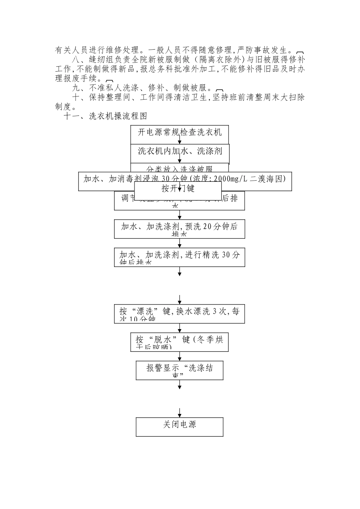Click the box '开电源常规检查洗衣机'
tap(179, 132)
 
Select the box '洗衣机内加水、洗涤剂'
tap(179, 151)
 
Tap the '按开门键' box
tap(178, 188)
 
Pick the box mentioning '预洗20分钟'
tap(179, 228)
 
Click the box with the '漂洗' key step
tap(179, 313)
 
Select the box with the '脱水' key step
tap(179, 342)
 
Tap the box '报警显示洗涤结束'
tap(179, 370)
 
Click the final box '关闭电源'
tap(179, 426)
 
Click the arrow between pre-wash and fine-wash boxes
tap(180, 243)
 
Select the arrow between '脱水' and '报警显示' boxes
tap(180, 356)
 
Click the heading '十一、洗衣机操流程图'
tap(105, 116)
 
